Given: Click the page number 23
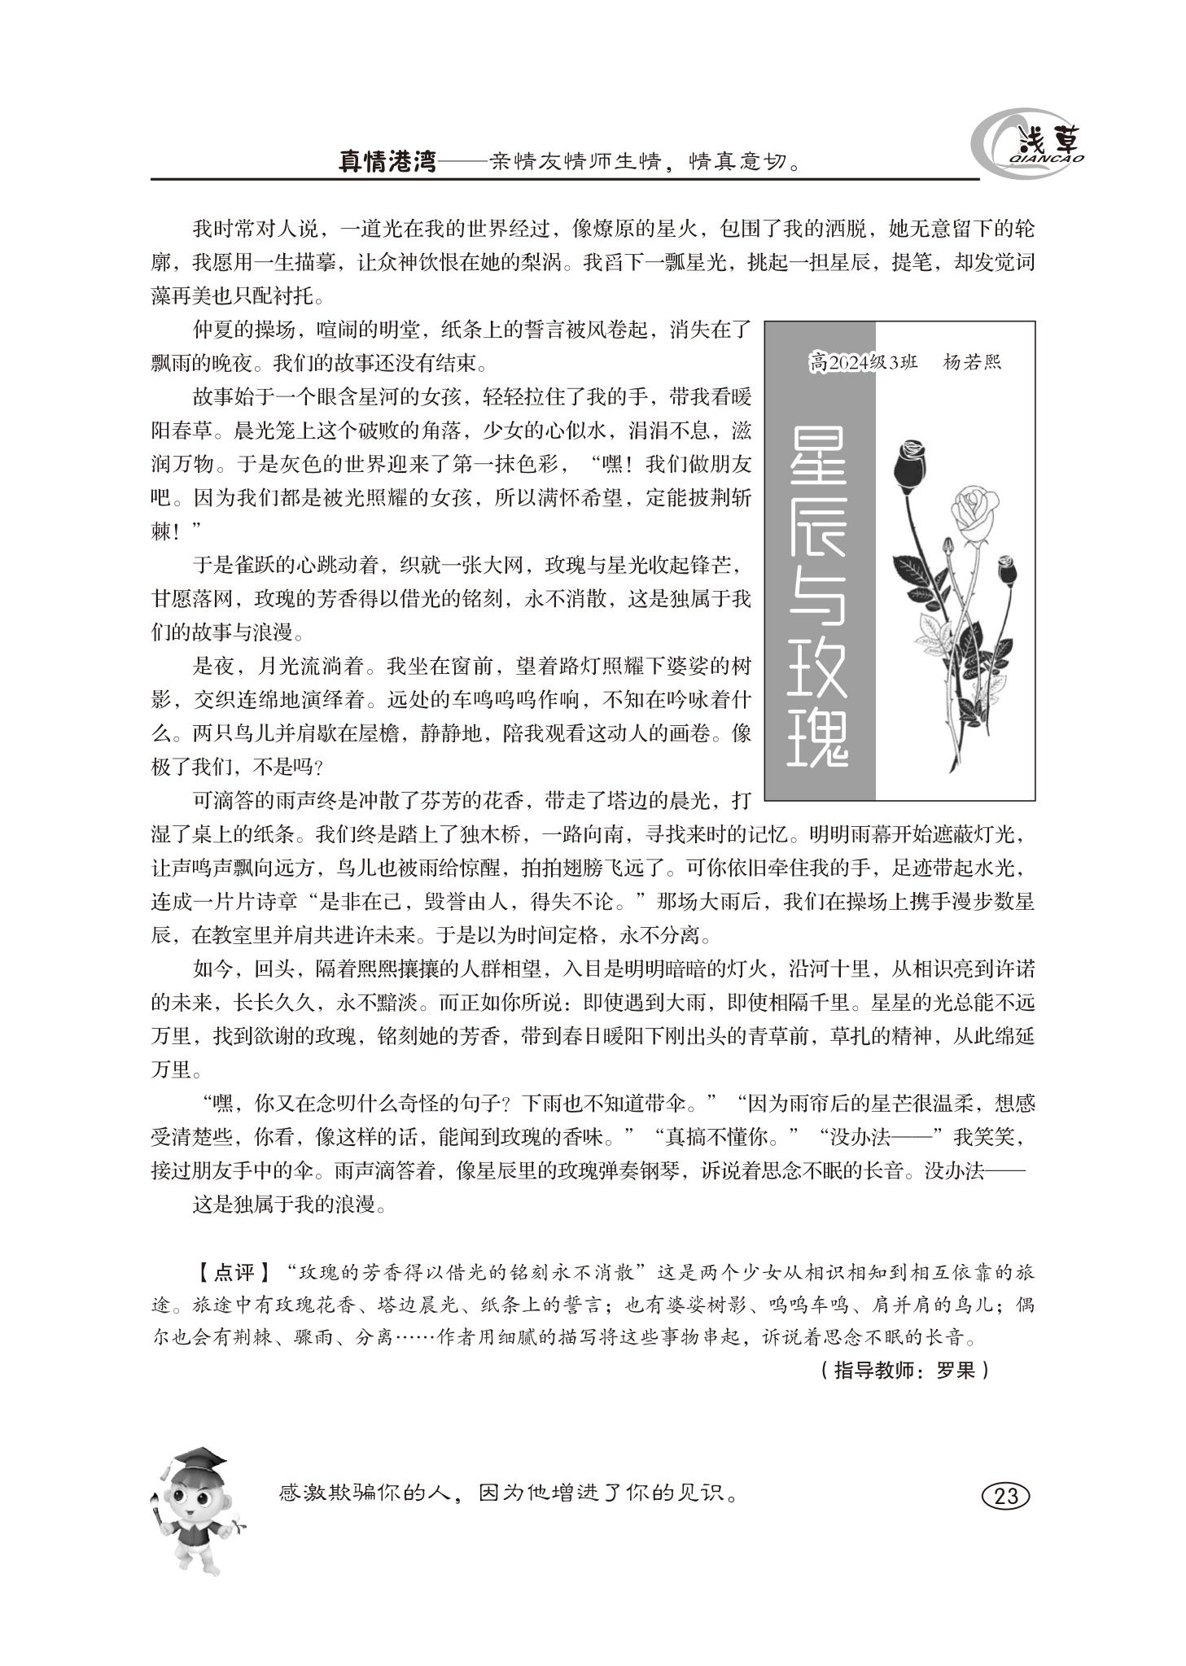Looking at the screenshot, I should tap(1006, 1496).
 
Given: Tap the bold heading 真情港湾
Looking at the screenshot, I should tap(387, 160).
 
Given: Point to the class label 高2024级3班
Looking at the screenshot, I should tap(863, 362).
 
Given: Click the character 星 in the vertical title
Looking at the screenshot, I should tap(818, 460).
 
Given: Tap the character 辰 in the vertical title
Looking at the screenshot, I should tap(818, 544).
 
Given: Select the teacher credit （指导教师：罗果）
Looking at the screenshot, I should tap(904, 1370).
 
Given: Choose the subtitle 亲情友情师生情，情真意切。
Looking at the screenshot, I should tap(643, 161).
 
